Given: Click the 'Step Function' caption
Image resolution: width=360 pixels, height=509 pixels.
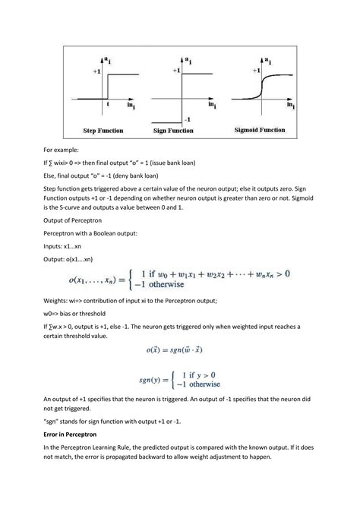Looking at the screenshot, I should coord(104,131).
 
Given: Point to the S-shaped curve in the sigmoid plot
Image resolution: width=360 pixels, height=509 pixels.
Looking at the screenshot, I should coord(263,86).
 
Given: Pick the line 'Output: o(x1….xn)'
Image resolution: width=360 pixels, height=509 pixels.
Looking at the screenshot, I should coord(73,259).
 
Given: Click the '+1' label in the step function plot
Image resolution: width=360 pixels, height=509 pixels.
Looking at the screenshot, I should coord(96,70).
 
